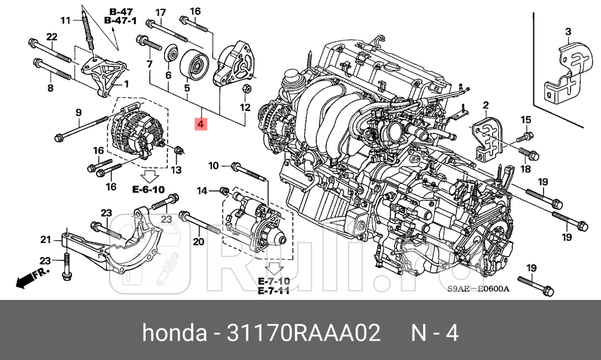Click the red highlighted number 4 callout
pyautogui.click(x=200, y=125)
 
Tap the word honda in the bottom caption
pyautogui.click(x=174, y=333)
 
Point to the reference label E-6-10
pyautogui.click(x=148, y=189)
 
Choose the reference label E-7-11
pyautogui.click(x=273, y=291)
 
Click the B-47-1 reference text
pyautogui.click(x=120, y=21)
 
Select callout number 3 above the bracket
pyautogui.click(x=568, y=32)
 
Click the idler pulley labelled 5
pyautogui.click(x=194, y=64)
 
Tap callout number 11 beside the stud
pyautogui.click(x=66, y=21)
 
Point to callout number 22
pyautogui.click(x=52, y=37)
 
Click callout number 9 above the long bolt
pyautogui.click(x=79, y=112)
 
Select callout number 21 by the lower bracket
pyautogui.click(x=45, y=240)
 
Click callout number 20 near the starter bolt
pyautogui.click(x=198, y=242)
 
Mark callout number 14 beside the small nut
pyautogui.click(x=203, y=190)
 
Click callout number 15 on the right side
pyautogui.click(x=525, y=120)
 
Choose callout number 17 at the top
pyautogui.click(x=160, y=12)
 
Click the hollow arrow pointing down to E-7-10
pyautogui.click(x=273, y=269)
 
